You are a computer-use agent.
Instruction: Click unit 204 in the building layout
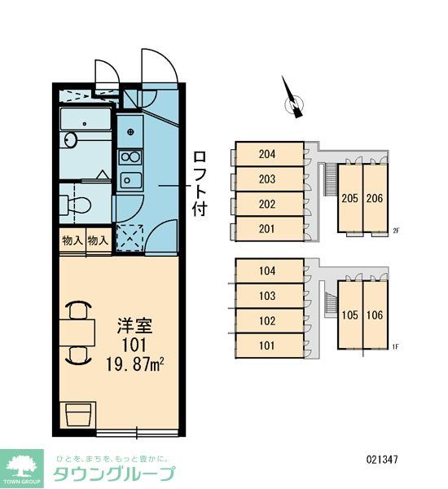[268, 153]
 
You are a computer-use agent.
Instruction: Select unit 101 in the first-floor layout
[268, 346]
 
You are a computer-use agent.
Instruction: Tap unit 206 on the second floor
[374, 198]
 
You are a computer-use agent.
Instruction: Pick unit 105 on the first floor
[350, 315]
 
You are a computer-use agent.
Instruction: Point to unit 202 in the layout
[268, 204]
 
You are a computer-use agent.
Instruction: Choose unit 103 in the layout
[268, 295]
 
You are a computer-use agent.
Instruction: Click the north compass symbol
[291, 98]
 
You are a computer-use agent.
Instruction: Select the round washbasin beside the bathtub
[69, 141]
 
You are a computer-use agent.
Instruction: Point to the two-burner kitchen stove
[129, 156]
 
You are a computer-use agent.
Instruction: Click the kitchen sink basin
[129, 180]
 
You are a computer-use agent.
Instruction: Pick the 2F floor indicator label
[397, 231]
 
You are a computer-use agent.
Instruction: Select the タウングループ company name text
[114, 474]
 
